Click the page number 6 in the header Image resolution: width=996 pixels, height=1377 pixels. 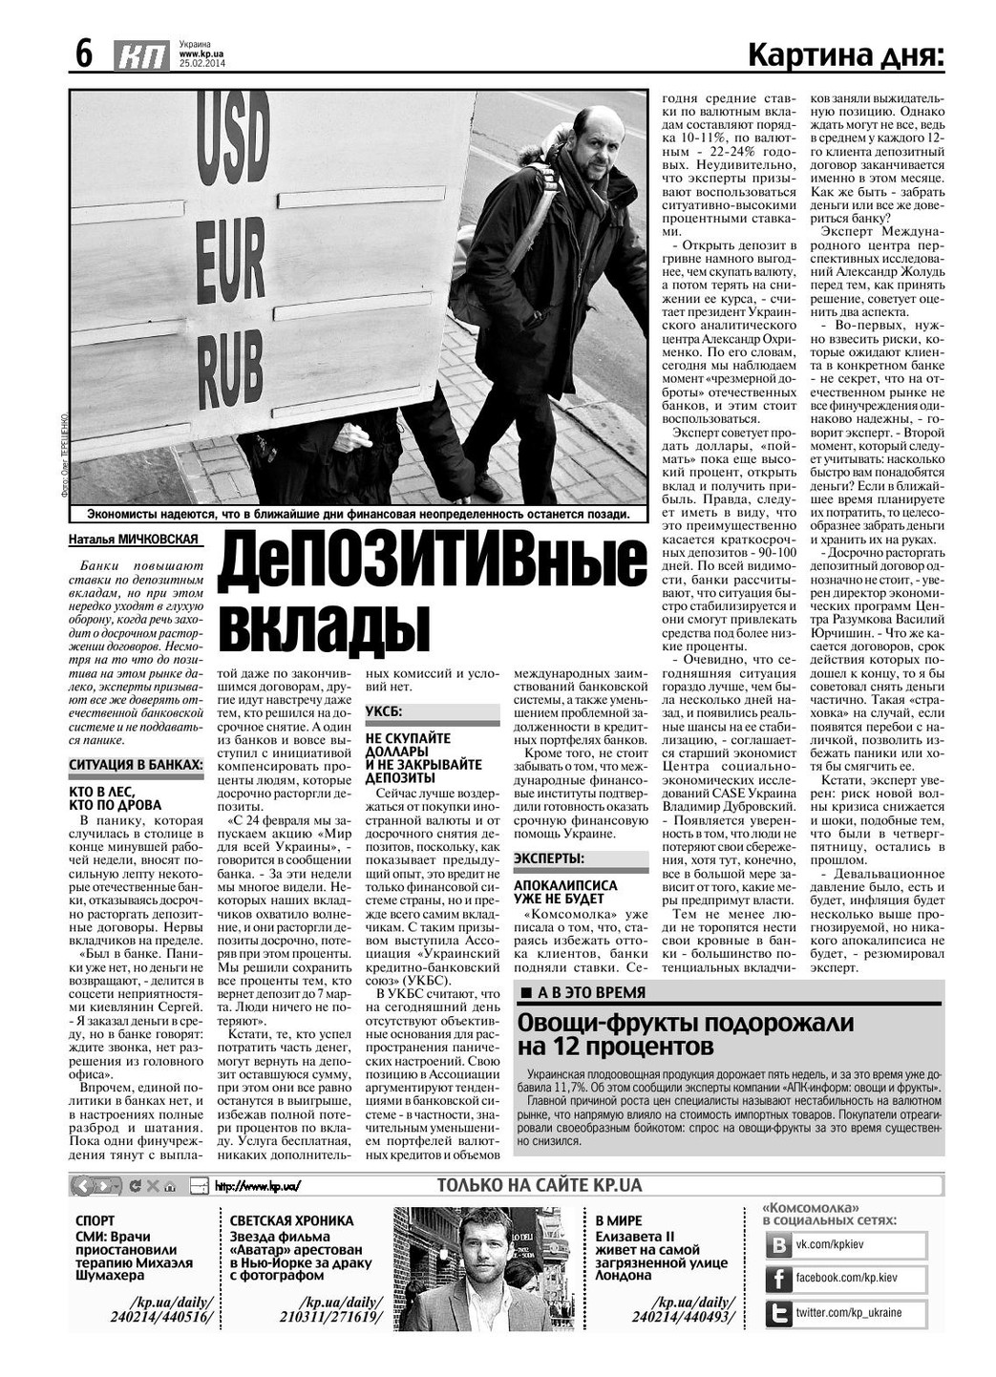pyautogui.click(x=84, y=54)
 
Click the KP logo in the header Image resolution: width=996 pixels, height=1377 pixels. pyautogui.click(x=140, y=56)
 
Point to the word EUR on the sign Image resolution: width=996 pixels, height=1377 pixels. pyautogui.click(x=230, y=261)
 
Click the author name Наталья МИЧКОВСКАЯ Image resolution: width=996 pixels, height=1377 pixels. pyautogui.click(x=134, y=540)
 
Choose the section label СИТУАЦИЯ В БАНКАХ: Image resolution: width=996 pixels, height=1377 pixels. pyautogui.click(x=136, y=765)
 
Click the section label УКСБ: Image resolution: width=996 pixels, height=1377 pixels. pyautogui.click(x=385, y=711)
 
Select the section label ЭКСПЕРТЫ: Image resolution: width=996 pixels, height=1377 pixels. pyautogui.click(x=549, y=858)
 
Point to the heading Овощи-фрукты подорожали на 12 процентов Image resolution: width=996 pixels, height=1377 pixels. pyautogui.click(x=686, y=1034)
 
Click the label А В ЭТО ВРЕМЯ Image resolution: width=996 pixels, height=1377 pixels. pyautogui.click(x=590, y=992)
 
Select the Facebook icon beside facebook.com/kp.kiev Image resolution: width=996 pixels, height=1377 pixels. pyautogui.click(x=779, y=1279)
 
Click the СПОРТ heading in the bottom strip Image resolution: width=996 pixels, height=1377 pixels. pyautogui.click(x=95, y=1220)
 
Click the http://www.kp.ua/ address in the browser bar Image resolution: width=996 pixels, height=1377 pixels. pyautogui.click(x=258, y=1187)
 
